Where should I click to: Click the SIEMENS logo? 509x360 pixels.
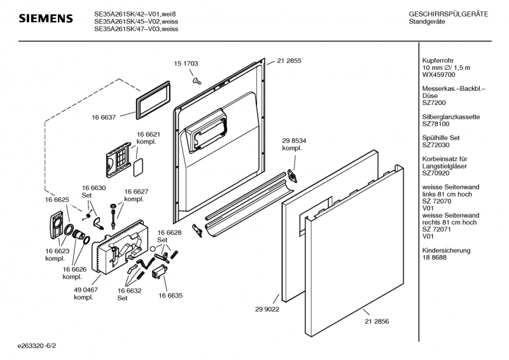click(x=45, y=19)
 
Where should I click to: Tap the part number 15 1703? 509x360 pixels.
click(x=186, y=64)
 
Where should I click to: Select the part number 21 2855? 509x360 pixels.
click(x=289, y=60)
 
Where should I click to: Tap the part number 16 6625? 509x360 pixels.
click(x=57, y=200)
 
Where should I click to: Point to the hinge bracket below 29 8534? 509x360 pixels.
click(x=293, y=175)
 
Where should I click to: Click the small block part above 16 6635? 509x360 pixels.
click(x=159, y=273)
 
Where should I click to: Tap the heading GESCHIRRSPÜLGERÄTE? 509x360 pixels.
click(x=449, y=14)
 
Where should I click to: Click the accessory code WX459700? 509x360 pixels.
click(x=438, y=74)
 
